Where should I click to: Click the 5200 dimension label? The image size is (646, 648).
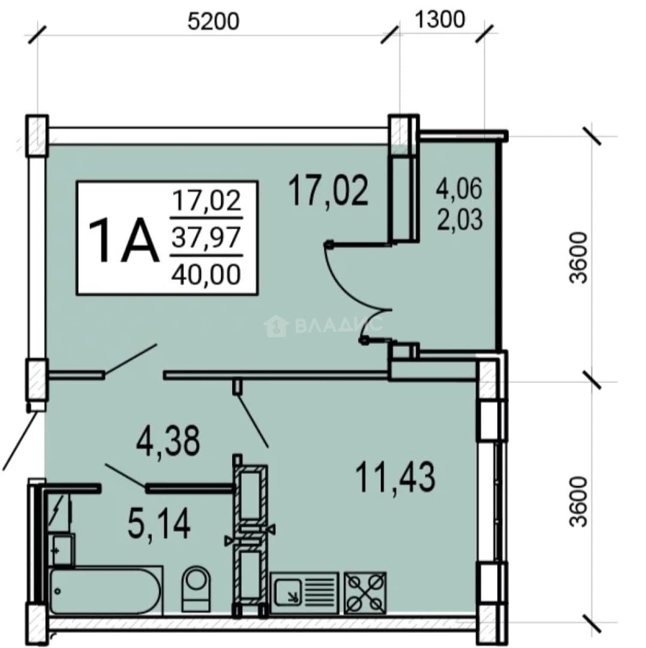(x=213, y=21)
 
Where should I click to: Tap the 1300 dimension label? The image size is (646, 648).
(x=440, y=19)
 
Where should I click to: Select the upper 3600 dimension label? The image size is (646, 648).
(x=578, y=257)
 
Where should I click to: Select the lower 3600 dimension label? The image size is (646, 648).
(x=578, y=502)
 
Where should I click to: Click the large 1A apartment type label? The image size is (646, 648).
(x=124, y=241)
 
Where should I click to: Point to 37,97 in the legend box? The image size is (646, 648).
(x=206, y=238)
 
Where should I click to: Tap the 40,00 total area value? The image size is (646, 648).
(x=206, y=274)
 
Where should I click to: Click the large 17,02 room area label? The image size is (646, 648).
(x=328, y=190)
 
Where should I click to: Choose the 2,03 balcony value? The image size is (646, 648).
(x=459, y=219)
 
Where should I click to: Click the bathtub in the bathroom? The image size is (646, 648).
(x=106, y=591)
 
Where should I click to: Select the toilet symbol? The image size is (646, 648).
(x=196, y=588)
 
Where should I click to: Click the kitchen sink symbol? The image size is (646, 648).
(x=305, y=593)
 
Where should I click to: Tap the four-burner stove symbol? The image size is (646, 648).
(x=365, y=593)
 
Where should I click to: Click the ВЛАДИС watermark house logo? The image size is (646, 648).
(x=277, y=326)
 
